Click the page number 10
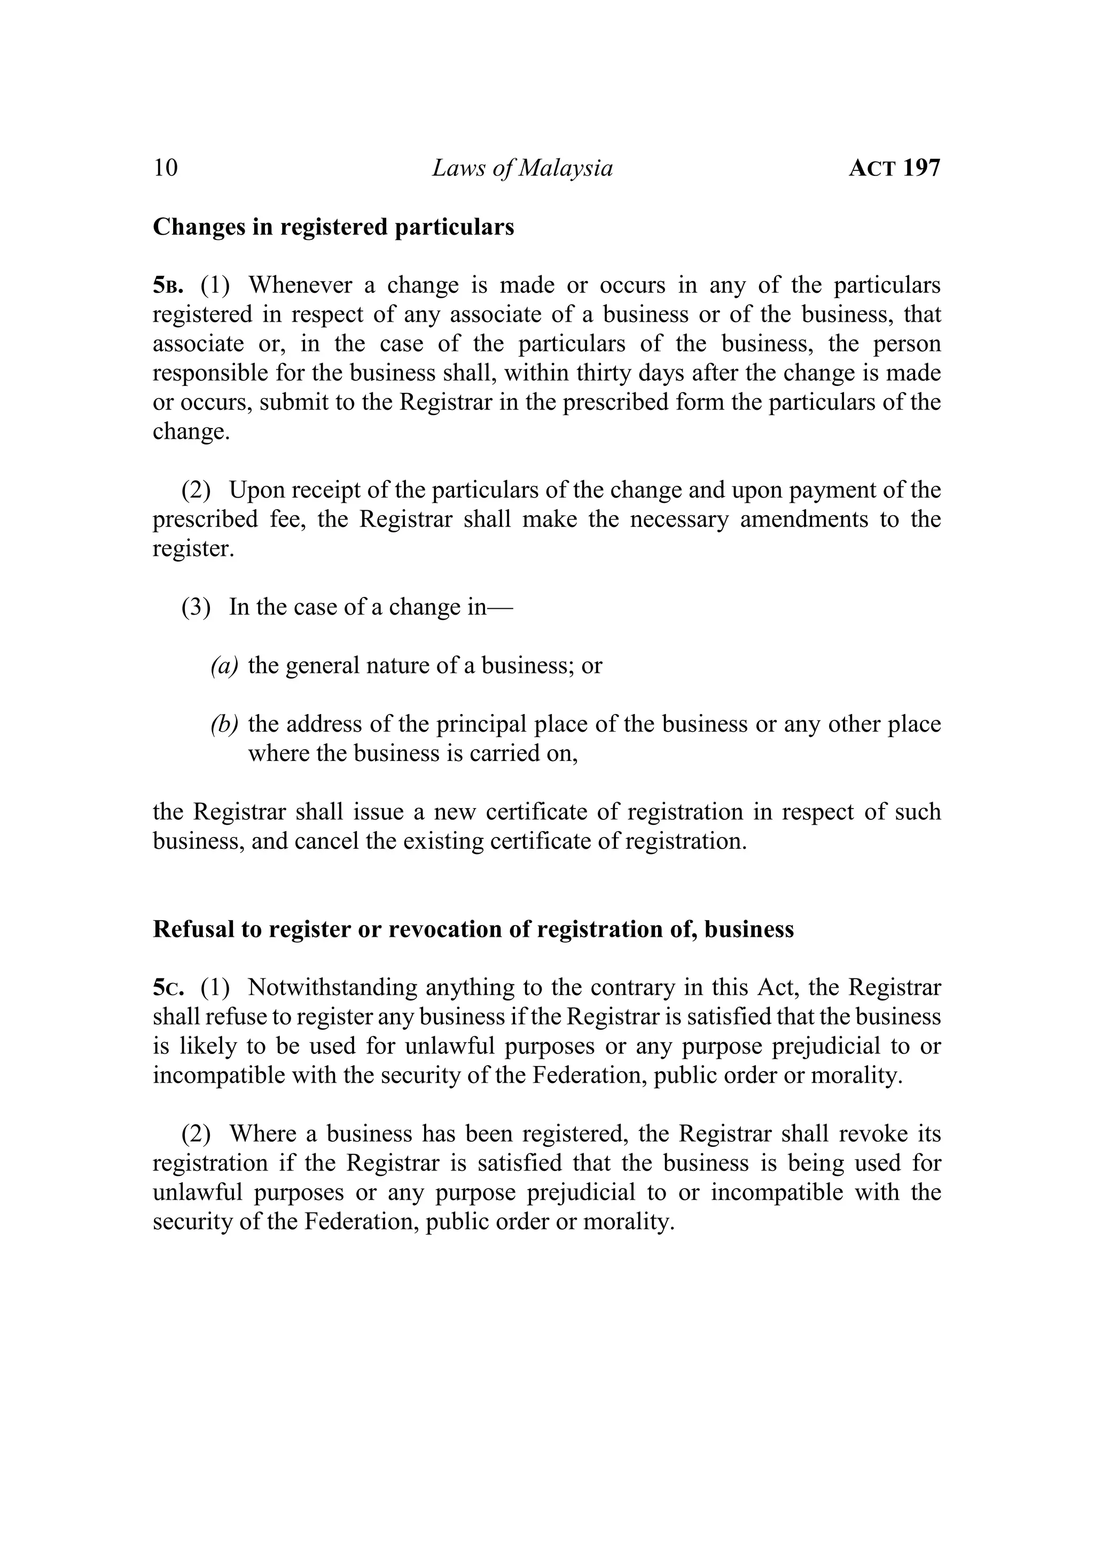click(x=166, y=168)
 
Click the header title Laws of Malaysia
click(x=522, y=168)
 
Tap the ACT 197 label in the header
click(x=894, y=168)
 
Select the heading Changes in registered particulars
click(x=333, y=227)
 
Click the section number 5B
click(x=168, y=286)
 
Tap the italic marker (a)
click(x=224, y=666)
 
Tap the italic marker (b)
click(x=224, y=724)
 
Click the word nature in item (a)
click(x=397, y=666)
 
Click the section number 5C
click(x=168, y=988)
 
